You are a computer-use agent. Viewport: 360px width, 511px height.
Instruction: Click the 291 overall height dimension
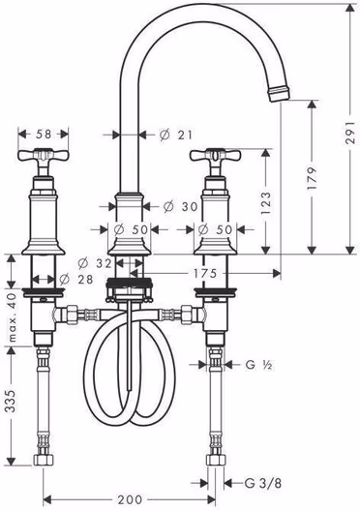(350, 133)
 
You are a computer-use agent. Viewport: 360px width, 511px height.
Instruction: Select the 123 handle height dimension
(266, 202)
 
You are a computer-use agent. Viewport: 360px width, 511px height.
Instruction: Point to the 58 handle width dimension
(44, 134)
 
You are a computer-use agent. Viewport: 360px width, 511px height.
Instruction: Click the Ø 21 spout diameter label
(176, 135)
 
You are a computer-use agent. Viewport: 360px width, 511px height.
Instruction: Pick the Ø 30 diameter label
(180, 206)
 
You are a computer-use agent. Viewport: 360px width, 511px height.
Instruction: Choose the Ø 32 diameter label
(95, 263)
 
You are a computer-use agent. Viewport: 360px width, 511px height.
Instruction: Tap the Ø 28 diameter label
(76, 279)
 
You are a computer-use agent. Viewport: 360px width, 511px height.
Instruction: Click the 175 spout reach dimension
(205, 273)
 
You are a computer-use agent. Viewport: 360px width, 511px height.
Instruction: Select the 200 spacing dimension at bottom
(130, 499)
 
